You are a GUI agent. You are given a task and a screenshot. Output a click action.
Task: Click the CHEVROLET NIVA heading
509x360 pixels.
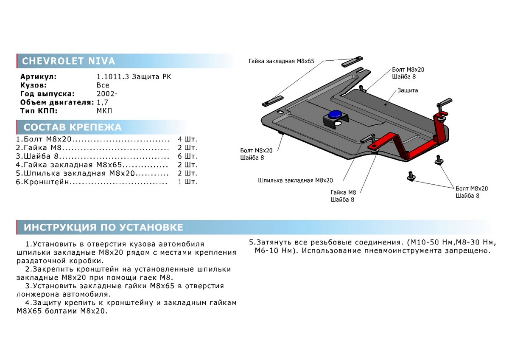(68, 61)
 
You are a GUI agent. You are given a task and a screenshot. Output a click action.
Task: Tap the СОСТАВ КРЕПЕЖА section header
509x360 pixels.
(73, 127)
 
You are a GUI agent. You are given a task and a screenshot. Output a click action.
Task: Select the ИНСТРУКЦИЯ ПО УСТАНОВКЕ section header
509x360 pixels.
(103, 228)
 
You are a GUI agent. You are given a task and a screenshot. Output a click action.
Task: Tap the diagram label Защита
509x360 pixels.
(408, 90)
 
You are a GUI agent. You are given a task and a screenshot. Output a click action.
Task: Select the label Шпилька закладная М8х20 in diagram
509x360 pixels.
(295, 180)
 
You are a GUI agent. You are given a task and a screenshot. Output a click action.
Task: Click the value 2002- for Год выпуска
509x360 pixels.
(104, 94)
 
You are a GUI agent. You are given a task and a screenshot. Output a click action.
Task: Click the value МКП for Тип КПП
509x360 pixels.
(104, 111)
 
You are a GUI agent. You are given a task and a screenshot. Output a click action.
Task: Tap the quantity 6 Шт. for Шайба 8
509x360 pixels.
(188, 156)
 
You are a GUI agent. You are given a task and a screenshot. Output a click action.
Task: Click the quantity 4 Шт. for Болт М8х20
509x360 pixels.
(188, 139)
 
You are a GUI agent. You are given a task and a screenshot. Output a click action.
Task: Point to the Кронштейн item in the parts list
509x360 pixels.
(46, 182)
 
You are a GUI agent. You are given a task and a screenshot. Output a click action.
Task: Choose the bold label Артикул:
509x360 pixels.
(38, 77)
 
